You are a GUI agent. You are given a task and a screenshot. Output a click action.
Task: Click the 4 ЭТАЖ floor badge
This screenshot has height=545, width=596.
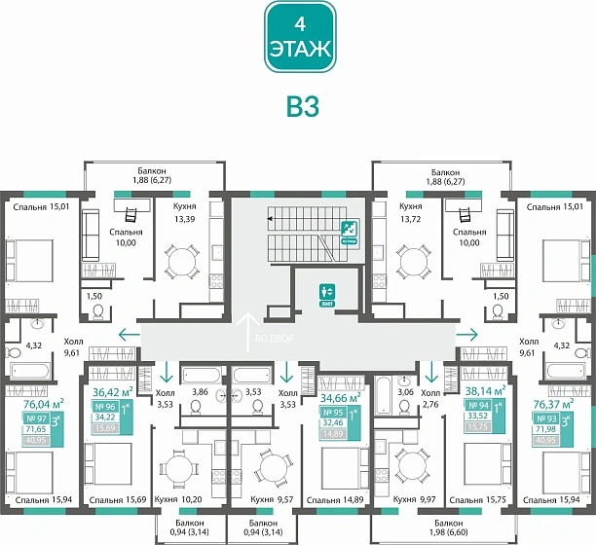[299, 37]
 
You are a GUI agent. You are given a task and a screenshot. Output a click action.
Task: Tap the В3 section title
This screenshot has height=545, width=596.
[298, 106]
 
